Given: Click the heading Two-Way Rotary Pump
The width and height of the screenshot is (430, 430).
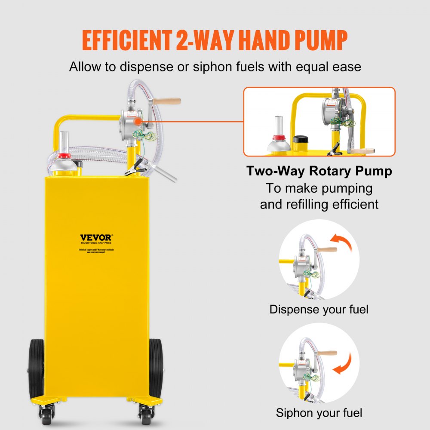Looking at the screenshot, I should click(319, 171).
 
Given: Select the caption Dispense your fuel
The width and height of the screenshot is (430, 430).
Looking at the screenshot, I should click(319, 309).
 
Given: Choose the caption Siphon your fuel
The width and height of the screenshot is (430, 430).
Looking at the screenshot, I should click(319, 413).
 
